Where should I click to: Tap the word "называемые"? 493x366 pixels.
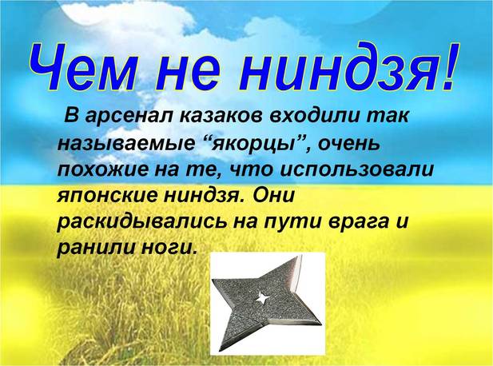point(126,144)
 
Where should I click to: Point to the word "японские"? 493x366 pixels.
point(105,197)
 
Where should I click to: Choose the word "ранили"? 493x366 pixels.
point(93,249)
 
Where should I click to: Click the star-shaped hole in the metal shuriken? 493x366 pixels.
point(263,297)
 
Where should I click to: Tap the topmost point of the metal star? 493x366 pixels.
point(300,255)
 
